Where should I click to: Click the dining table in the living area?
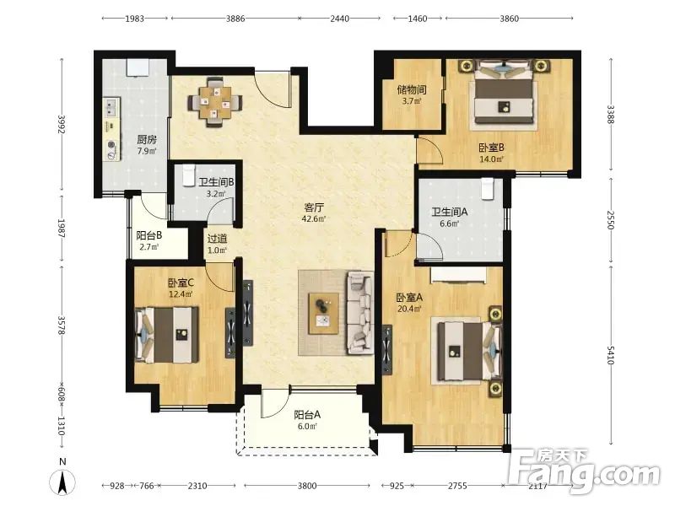(215, 102)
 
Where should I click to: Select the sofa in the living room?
(360, 313)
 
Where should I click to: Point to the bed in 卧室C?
(167, 334)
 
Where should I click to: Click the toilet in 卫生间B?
(188, 175)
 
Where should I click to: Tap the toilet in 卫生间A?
(487, 189)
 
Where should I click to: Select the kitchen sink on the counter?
(111, 107)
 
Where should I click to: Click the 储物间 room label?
(412, 89)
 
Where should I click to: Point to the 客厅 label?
(313, 207)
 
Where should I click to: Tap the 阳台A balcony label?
(307, 415)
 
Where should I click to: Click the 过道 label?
(217, 239)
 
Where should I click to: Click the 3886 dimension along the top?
(235, 19)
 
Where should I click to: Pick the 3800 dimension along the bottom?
(307, 486)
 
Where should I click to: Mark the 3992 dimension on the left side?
(62, 124)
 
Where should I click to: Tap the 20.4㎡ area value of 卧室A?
(408, 308)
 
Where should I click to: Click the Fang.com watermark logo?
(584, 471)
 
